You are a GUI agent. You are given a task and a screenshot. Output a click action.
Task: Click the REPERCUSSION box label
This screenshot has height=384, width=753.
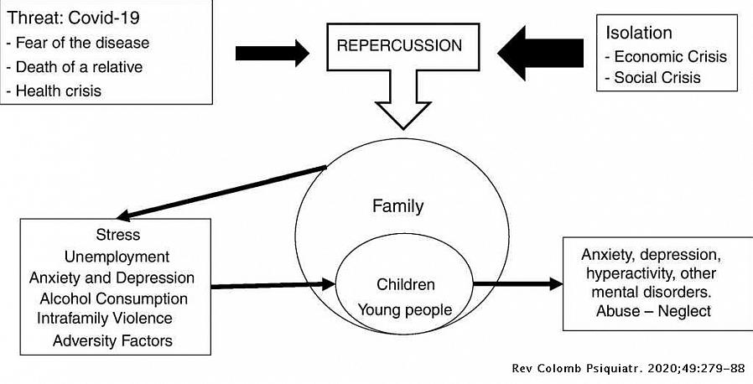pos(399,45)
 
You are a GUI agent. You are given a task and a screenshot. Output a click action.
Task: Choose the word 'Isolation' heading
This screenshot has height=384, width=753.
pos(639,34)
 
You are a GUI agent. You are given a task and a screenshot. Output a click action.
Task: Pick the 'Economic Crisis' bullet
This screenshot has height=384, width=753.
pos(666,57)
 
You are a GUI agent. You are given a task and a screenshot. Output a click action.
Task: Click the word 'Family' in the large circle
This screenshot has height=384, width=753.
pos(398,206)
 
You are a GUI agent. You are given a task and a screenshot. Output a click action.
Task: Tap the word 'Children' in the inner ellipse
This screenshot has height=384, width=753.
pos(406,284)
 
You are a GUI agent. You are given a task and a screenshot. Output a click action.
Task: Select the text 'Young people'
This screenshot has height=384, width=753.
pos(405,309)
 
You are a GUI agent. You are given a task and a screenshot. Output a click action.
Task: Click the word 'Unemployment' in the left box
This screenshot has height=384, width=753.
pos(117,256)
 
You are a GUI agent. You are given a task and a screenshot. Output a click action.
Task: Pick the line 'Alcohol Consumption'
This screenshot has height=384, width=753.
pos(113,298)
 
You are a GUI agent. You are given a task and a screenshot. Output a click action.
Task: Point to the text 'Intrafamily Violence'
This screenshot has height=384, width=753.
pos(105,319)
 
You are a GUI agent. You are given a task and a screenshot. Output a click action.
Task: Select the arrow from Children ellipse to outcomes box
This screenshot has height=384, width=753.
pos(517,284)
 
